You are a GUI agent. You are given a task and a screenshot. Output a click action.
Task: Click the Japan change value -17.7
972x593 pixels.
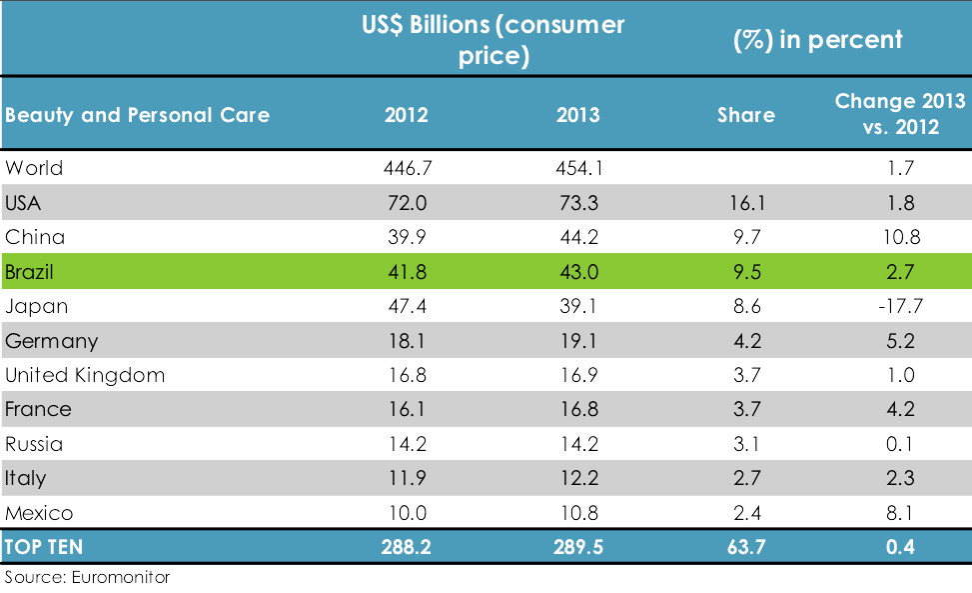click(x=900, y=306)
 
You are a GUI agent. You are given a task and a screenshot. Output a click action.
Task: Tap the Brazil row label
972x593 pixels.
click(x=29, y=272)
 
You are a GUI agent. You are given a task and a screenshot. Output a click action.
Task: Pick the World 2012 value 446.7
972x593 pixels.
click(x=406, y=168)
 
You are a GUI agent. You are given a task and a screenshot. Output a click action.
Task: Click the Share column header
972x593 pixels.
click(x=745, y=115)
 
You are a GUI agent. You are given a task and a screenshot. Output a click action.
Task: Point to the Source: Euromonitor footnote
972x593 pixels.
click(x=88, y=578)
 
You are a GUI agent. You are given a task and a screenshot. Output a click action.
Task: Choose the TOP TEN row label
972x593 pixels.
click(x=44, y=548)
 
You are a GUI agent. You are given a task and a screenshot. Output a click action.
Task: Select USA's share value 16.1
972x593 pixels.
click(x=745, y=203)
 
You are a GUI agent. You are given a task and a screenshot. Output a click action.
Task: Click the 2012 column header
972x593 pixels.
click(x=406, y=115)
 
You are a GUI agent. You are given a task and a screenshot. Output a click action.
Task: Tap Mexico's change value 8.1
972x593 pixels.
click(x=900, y=513)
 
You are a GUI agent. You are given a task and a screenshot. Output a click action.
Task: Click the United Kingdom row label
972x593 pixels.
click(x=85, y=375)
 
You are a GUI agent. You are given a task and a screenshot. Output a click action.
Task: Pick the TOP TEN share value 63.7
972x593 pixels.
click(x=745, y=548)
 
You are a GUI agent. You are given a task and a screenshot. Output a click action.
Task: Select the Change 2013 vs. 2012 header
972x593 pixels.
click(x=900, y=115)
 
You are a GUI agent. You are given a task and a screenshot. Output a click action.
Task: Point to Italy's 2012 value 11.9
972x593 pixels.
click(x=406, y=479)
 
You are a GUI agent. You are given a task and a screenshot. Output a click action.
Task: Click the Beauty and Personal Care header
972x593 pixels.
click(x=137, y=115)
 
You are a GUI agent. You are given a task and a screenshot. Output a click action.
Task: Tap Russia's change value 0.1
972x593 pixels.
click(x=900, y=444)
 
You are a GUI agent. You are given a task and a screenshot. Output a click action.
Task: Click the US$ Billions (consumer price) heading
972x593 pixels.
click(x=492, y=40)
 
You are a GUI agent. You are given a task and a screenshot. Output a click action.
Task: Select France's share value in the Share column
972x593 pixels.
click(x=745, y=410)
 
